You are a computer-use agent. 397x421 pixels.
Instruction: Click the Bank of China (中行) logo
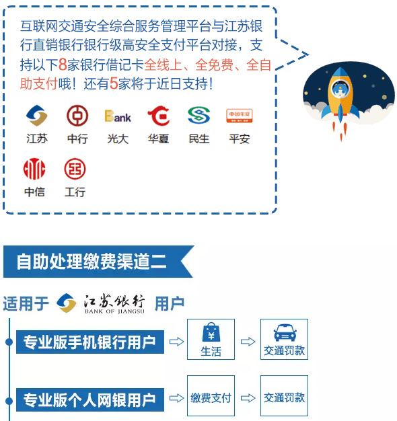tap(77, 116)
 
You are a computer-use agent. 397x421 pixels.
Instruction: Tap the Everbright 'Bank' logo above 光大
tap(118, 116)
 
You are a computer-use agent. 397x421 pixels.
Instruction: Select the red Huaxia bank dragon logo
tap(159, 116)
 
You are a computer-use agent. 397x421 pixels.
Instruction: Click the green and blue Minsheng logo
tap(199, 116)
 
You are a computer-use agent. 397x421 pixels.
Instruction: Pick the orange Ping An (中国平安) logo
tap(240, 116)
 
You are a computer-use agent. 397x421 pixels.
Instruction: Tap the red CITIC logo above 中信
tap(34, 169)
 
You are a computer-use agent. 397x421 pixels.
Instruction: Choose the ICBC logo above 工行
tap(75, 169)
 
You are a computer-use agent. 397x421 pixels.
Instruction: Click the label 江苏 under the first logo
tap(37, 139)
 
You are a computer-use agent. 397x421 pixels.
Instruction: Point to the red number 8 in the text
tap(63, 65)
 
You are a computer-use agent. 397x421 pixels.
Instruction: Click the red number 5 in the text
tap(114, 83)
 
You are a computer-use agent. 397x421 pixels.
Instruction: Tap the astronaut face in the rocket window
tap(340, 90)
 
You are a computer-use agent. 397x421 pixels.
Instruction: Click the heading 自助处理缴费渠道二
tap(92, 261)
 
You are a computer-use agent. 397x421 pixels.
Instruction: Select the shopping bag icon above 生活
tap(211, 332)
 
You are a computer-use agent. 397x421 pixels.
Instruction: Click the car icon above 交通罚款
tap(285, 332)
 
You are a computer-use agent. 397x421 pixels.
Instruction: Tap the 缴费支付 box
tap(211, 395)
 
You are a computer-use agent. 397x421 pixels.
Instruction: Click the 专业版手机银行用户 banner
tap(90, 342)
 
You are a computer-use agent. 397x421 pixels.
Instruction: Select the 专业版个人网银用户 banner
tap(90, 399)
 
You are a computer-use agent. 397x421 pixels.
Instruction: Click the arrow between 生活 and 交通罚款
tap(248, 342)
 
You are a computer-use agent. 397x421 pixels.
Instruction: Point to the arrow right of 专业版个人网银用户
tap(176, 398)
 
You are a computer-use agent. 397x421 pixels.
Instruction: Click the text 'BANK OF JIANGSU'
tap(114, 311)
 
